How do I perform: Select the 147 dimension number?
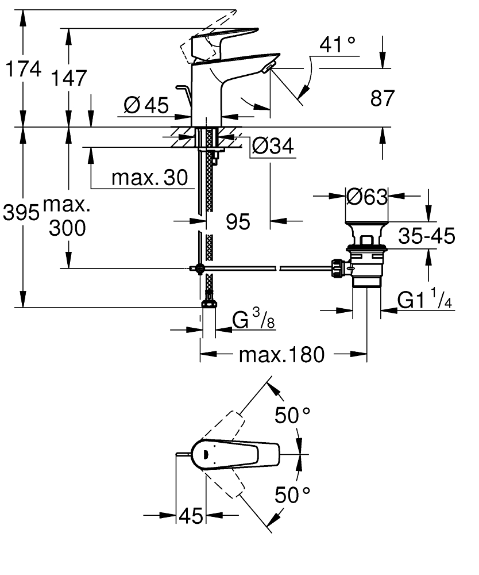(x=69, y=77)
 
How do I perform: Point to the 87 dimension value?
(x=383, y=98)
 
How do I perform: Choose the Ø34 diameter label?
(x=273, y=147)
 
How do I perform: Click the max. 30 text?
(x=149, y=178)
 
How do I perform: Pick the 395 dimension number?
(x=21, y=213)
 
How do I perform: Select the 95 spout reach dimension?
(x=237, y=221)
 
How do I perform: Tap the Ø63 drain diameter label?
(x=367, y=197)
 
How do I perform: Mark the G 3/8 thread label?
(x=253, y=320)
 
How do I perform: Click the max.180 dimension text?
(x=281, y=355)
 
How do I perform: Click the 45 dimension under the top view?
(x=191, y=516)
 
